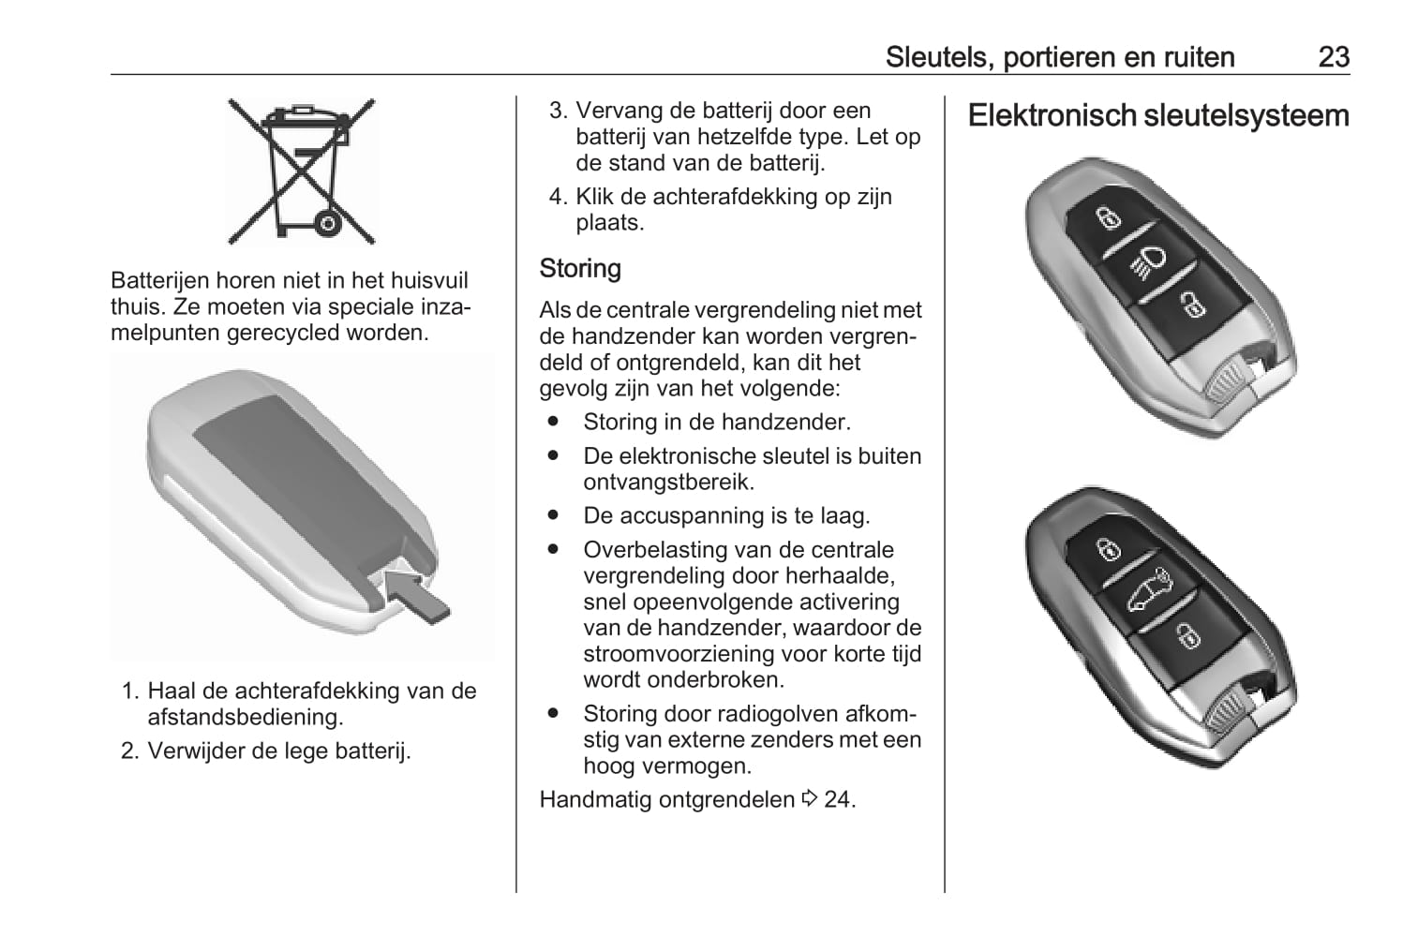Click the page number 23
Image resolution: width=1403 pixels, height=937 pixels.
click(x=1333, y=57)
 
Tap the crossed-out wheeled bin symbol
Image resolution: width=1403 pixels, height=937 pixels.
click(x=302, y=171)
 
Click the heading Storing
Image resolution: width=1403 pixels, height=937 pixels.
click(x=580, y=269)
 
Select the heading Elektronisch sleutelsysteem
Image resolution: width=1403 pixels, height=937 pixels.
click(x=1158, y=116)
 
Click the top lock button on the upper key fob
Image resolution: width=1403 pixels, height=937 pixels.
click(x=1109, y=218)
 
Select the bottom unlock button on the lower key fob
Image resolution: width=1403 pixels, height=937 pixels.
click(x=1187, y=636)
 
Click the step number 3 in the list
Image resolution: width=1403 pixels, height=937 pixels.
click(x=558, y=111)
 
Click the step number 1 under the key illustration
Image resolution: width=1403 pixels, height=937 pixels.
click(x=130, y=692)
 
